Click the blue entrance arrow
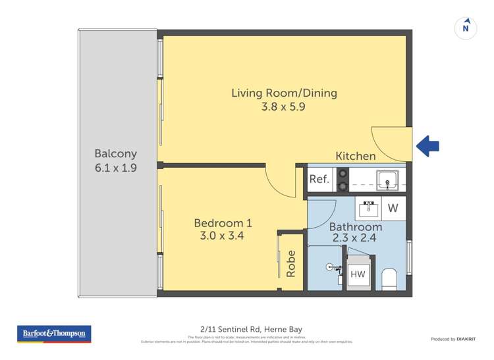pos(429,145)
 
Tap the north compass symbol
pos(466,28)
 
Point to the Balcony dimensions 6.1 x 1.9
pos(116,168)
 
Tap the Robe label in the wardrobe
pos(291,263)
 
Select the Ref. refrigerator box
pos(319,179)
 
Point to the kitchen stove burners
pos(343,180)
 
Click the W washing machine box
pos(393,209)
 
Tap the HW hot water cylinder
pos(358,274)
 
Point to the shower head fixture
pos(331,267)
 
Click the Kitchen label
pos(356,156)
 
